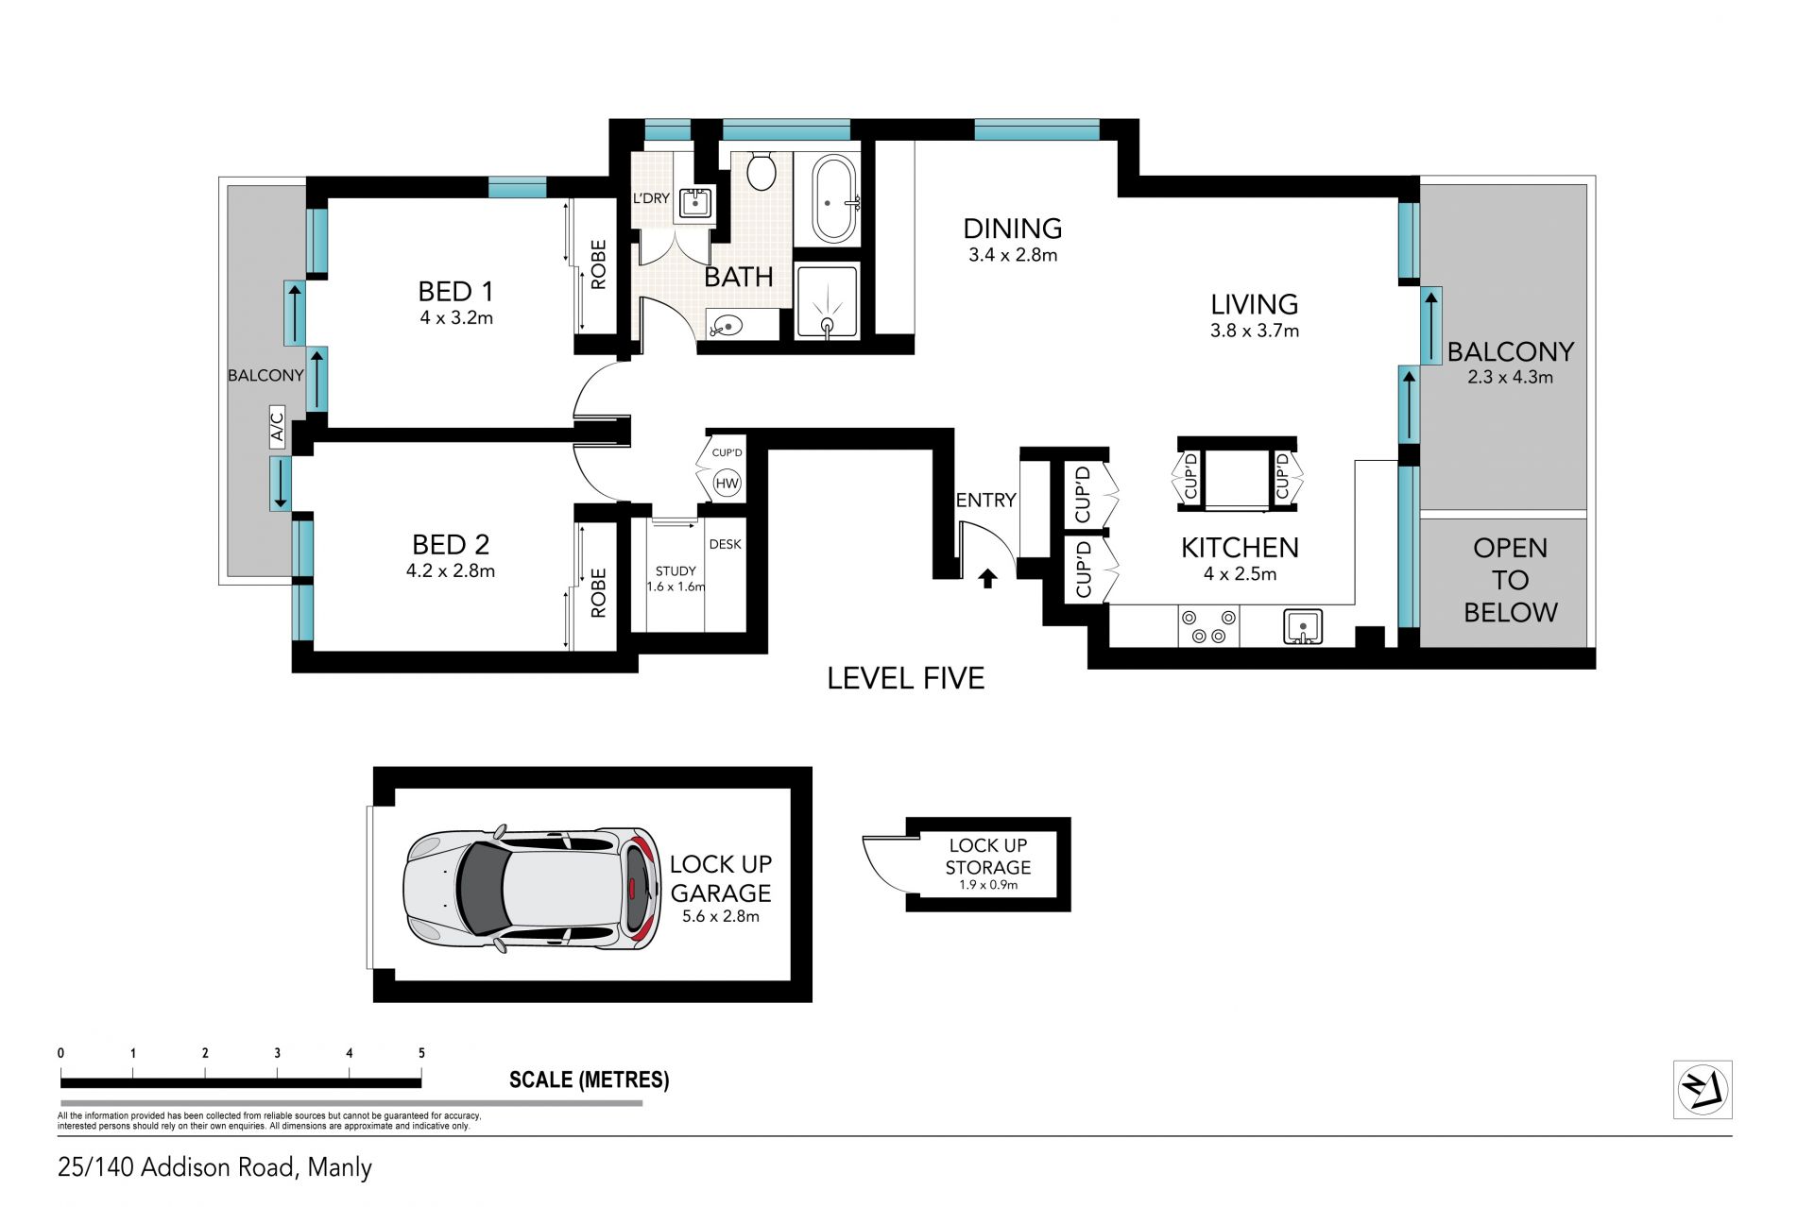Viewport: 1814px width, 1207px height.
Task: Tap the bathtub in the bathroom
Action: tap(834, 200)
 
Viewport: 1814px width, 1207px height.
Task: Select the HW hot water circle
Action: tap(727, 484)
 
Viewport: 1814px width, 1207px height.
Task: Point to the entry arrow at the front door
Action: tap(987, 578)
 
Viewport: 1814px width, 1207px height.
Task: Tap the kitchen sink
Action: tap(1303, 627)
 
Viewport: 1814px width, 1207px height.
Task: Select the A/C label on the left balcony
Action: tap(277, 426)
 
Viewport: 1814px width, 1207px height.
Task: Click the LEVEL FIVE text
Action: tap(905, 678)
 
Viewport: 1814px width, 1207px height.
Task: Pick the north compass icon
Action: tap(1703, 1090)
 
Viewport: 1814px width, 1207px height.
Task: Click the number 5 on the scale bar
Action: tap(421, 1053)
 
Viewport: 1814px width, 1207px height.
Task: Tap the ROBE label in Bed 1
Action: tap(598, 264)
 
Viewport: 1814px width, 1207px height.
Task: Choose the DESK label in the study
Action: tap(726, 544)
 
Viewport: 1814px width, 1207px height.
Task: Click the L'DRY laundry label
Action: tap(651, 198)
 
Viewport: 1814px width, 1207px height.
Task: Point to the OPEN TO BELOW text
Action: tap(1510, 580)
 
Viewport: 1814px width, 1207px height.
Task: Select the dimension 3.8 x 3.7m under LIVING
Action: tap(1255, 331)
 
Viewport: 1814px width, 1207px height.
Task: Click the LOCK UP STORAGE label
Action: tap(988, 856)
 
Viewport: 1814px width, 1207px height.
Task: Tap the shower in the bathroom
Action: tap(828, 301)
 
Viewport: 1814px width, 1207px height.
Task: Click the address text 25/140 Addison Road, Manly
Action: tap(215, 1168)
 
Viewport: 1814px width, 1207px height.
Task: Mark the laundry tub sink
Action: tap(696, 203)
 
